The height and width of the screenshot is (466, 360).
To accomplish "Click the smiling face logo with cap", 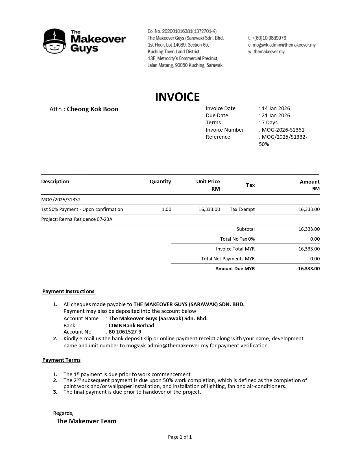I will click(54, 41).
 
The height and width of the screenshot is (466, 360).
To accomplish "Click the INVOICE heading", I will click(177, 97).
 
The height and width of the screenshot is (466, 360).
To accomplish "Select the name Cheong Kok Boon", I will click(93, 109).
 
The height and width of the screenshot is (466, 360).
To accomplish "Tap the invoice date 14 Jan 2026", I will click(276, 108).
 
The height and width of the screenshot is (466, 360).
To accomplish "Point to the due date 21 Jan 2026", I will click(276, 116).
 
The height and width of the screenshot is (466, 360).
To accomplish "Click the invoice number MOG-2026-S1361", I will click(283, 130).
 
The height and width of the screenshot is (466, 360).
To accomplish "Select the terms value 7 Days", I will click(270, 123).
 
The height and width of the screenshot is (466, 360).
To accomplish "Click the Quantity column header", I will click(160, 182).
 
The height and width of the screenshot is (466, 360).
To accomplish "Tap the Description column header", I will click(55, 182).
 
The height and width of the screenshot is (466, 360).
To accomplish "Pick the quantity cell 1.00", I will click(166, 210).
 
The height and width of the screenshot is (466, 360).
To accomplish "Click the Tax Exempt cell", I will click(242, 210).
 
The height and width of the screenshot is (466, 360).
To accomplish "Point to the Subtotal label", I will click(245, 229).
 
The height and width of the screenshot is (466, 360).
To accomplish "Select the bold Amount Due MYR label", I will click(235, 269).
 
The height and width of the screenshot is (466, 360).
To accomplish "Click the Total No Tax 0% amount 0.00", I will click(315, 239).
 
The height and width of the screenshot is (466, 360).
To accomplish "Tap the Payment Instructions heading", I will click(69, 291).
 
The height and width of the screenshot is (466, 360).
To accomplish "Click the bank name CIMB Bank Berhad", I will click(131, 326).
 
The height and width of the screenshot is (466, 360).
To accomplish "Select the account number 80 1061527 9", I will click(125, 332).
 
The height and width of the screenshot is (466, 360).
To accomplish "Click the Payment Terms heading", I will click(61, 360).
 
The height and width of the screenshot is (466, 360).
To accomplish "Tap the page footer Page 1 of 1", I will click(180, 437).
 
